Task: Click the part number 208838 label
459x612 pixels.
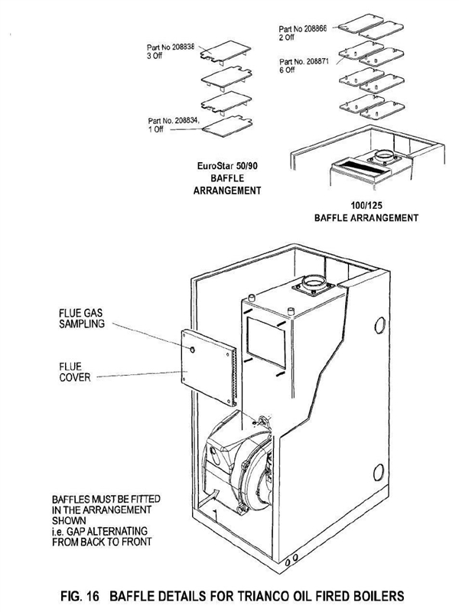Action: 171,51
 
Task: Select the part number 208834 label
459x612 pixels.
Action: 174,125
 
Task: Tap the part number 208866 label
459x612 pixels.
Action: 303,33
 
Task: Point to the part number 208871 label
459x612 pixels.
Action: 304,66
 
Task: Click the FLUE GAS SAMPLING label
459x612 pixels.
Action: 82,318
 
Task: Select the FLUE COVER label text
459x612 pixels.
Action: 74,372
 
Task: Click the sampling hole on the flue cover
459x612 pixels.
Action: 192,350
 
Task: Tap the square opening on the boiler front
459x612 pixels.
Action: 266,342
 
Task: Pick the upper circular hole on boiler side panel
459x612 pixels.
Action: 379,325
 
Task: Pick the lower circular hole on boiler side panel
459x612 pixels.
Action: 378,473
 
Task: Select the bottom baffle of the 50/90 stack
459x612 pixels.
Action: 226,126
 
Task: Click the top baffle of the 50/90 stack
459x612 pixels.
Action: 225,52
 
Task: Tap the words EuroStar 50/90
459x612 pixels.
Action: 227,166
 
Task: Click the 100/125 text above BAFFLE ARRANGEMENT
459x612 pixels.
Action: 366,205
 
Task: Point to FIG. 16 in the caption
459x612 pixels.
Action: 80,596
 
